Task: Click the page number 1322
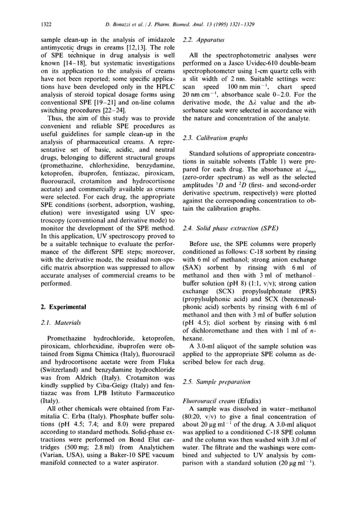47,23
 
